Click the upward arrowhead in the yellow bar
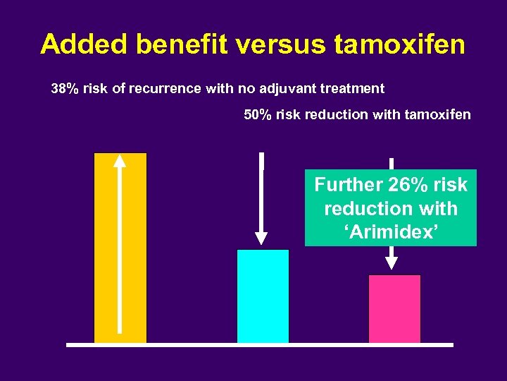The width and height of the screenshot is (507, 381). click(120, 162)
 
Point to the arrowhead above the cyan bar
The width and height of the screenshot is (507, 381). click(262, 238)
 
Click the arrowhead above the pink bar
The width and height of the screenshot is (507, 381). click(392, 262)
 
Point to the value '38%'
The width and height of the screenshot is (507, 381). click(65, 89)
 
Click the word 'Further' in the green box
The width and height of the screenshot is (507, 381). click(348, 185)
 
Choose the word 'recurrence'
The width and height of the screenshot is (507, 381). click(170, 89)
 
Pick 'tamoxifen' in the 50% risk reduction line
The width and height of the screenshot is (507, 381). click(438, 114)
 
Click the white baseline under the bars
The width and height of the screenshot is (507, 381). click(260, 345)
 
